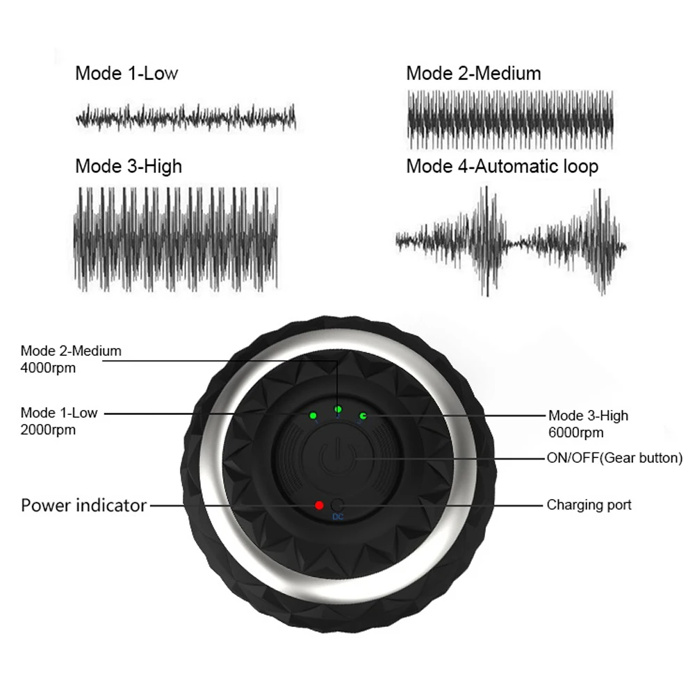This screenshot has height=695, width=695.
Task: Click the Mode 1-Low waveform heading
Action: click(126, 73)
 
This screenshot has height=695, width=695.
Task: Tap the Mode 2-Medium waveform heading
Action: click(473, 73)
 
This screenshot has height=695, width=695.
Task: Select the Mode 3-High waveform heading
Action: click(129, 166)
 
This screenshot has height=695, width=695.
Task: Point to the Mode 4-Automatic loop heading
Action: click(502, 166)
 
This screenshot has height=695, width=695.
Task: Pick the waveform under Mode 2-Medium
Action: click(509, 120)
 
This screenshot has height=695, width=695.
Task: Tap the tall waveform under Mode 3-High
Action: click(176, 238)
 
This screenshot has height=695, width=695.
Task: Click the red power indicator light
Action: click(319, 505)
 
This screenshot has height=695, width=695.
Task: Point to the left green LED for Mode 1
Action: click(313, 416)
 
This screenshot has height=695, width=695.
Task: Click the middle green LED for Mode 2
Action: click(338, 409)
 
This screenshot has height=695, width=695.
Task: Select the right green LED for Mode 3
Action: click(363, 416)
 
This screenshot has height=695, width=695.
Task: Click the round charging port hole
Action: click(338, 505)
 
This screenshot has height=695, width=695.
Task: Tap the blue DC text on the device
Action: click(338, 517)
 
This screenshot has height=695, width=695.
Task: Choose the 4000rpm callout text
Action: click(48, 368)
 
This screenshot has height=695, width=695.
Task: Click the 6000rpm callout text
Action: click(575, 432)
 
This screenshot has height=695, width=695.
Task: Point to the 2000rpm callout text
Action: click(48, 430)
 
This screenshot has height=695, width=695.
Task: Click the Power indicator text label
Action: click(83, 505)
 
